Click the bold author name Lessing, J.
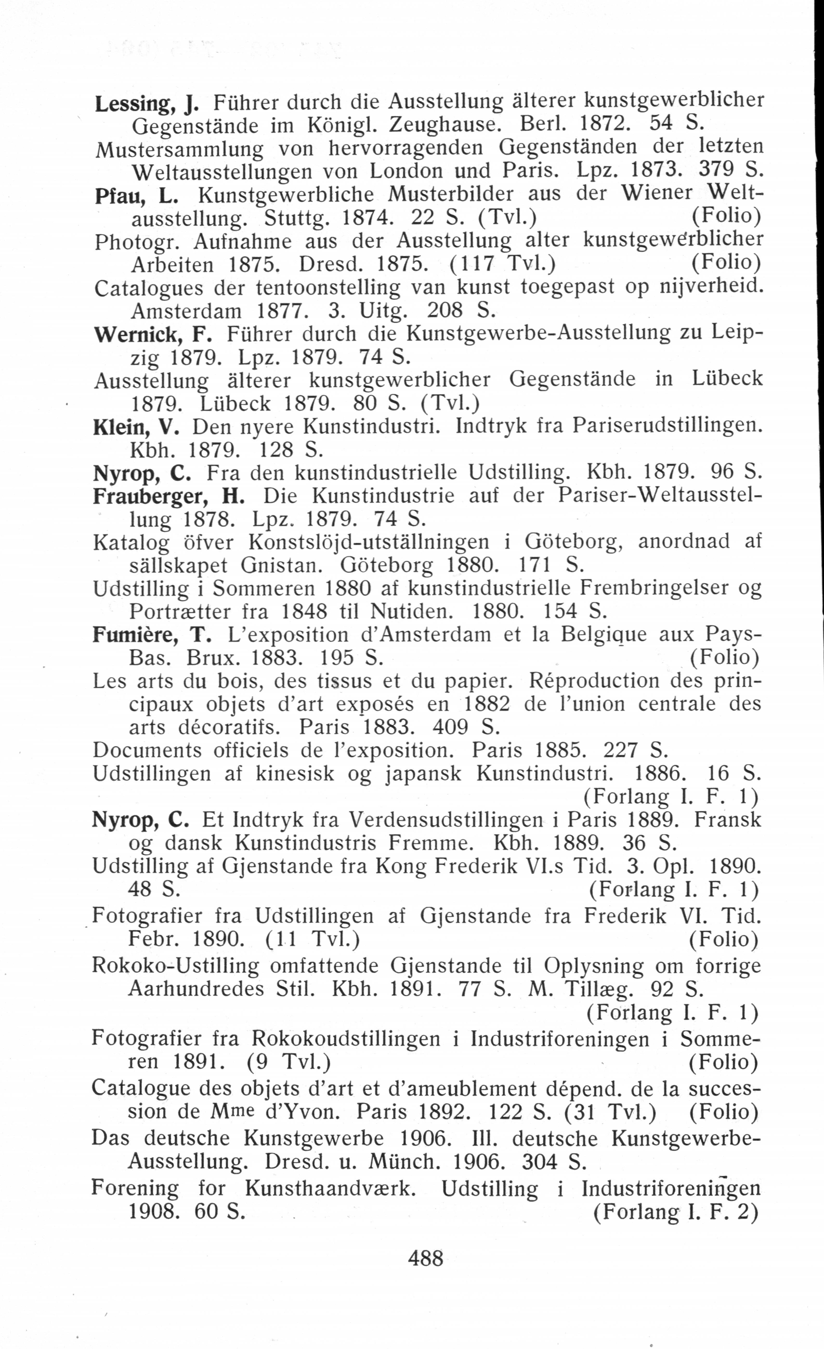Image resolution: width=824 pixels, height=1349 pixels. pos(147,102)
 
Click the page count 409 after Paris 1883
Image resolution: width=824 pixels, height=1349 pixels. pos(450,727)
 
